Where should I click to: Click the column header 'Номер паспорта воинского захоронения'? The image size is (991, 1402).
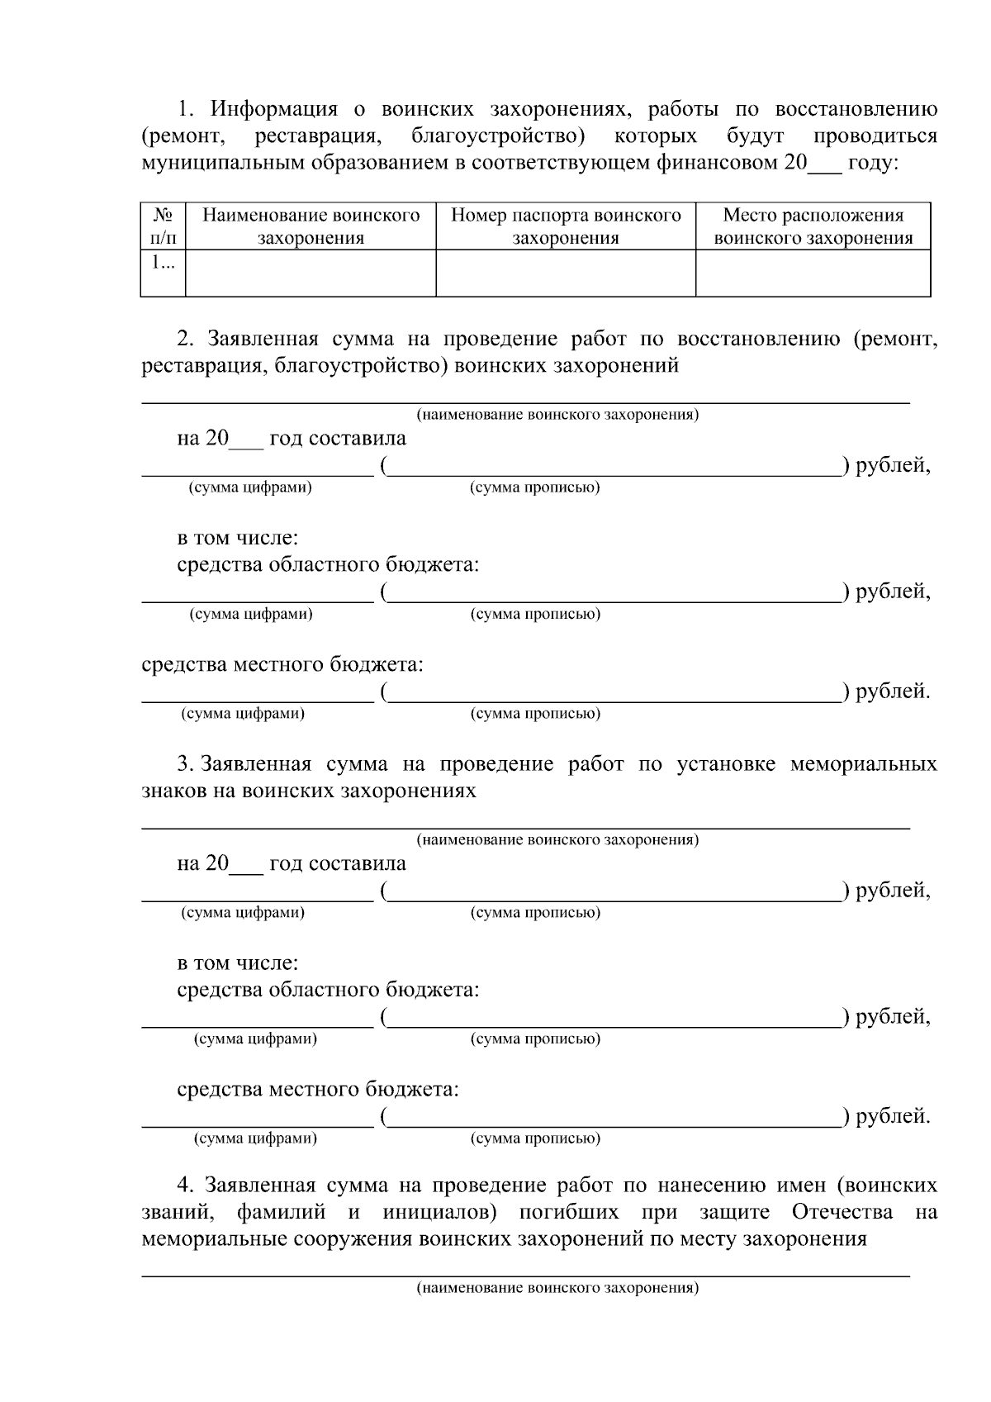coord(566,226)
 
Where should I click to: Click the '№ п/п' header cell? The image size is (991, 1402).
coord(163,226)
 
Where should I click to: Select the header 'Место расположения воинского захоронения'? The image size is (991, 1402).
coord(813,226)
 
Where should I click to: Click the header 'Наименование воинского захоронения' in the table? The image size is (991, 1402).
coord(311,226)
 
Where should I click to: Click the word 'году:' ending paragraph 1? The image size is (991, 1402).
coord(873,163)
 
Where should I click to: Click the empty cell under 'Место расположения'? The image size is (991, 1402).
coord(813,273)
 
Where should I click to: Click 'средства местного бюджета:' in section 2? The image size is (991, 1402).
coord(282,664)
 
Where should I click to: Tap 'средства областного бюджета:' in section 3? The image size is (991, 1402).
coord(328,990)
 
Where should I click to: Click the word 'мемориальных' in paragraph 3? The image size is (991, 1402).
coord(863,763)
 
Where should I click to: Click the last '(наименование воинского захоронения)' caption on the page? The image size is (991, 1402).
coord(557,1288)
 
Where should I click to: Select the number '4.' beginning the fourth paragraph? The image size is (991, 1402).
coord(186,1186)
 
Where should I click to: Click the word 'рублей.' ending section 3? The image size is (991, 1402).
coord(893,1116)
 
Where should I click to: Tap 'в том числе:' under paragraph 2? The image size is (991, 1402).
coord(238,538)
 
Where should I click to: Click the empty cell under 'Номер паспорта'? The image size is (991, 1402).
coord(566,273)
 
